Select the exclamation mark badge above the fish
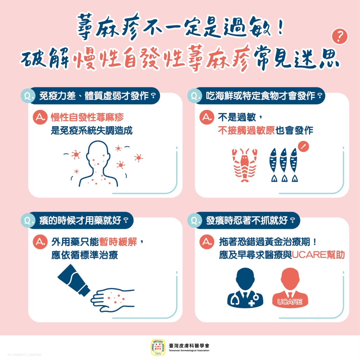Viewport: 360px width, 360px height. [302, 147]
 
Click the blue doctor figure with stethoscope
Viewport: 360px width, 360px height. [245, 287]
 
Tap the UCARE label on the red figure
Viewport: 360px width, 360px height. [290, 302]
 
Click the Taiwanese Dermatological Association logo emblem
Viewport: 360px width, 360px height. [157, 347]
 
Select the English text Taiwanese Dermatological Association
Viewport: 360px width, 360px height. [189, 351]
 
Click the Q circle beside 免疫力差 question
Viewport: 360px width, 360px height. [28, 96]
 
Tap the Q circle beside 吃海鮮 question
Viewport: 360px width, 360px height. [195, 96]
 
